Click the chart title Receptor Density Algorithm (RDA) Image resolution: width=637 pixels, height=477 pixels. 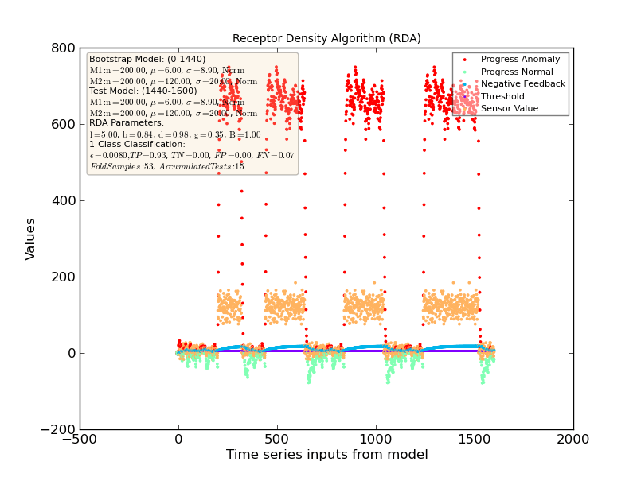[326, 38]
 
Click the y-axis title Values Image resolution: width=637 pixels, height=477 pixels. [30, 238]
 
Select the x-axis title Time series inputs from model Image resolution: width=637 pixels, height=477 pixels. [326, 455]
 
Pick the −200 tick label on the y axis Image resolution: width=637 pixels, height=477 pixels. [58, 429]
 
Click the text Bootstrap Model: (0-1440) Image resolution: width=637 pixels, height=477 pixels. [147, 59]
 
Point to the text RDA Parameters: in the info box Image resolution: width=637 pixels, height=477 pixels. [127, 123]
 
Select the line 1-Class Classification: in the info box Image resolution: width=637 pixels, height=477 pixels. [137, 145]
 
